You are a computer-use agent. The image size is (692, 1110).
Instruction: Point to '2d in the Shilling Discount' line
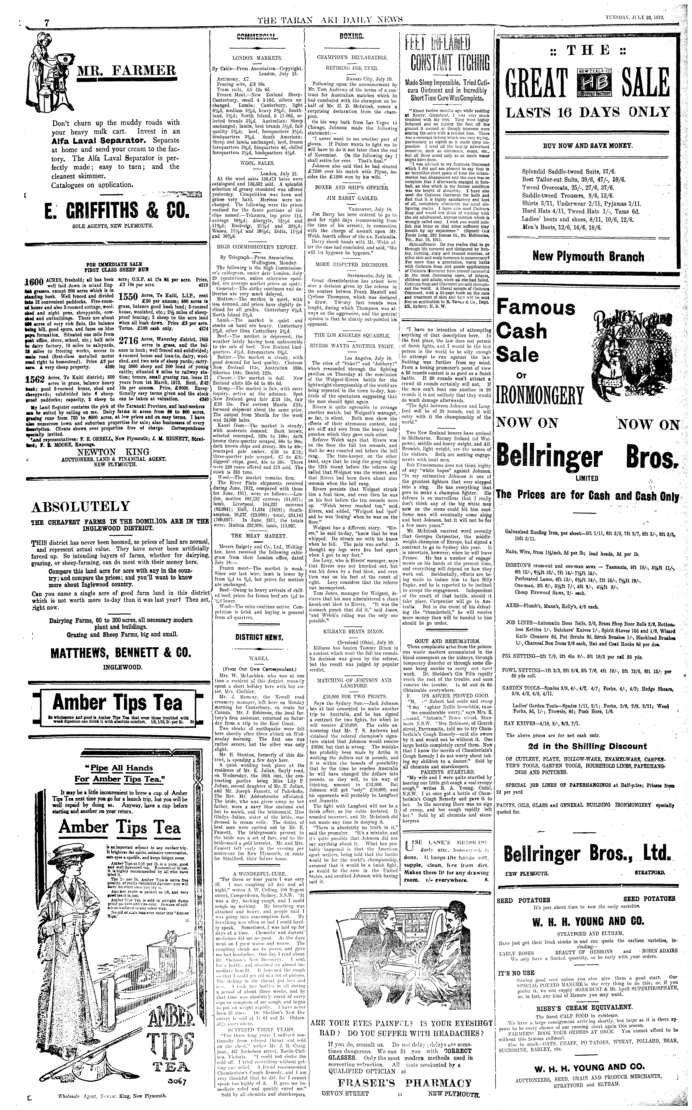click(x=587, y=747)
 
